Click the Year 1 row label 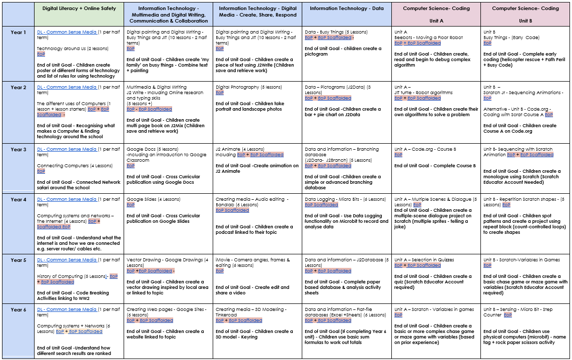coord(19,33)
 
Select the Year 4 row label coord(19,200)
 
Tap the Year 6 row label coord(19,310)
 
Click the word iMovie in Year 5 coord(223,260)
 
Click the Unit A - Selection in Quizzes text coord(424,260)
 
